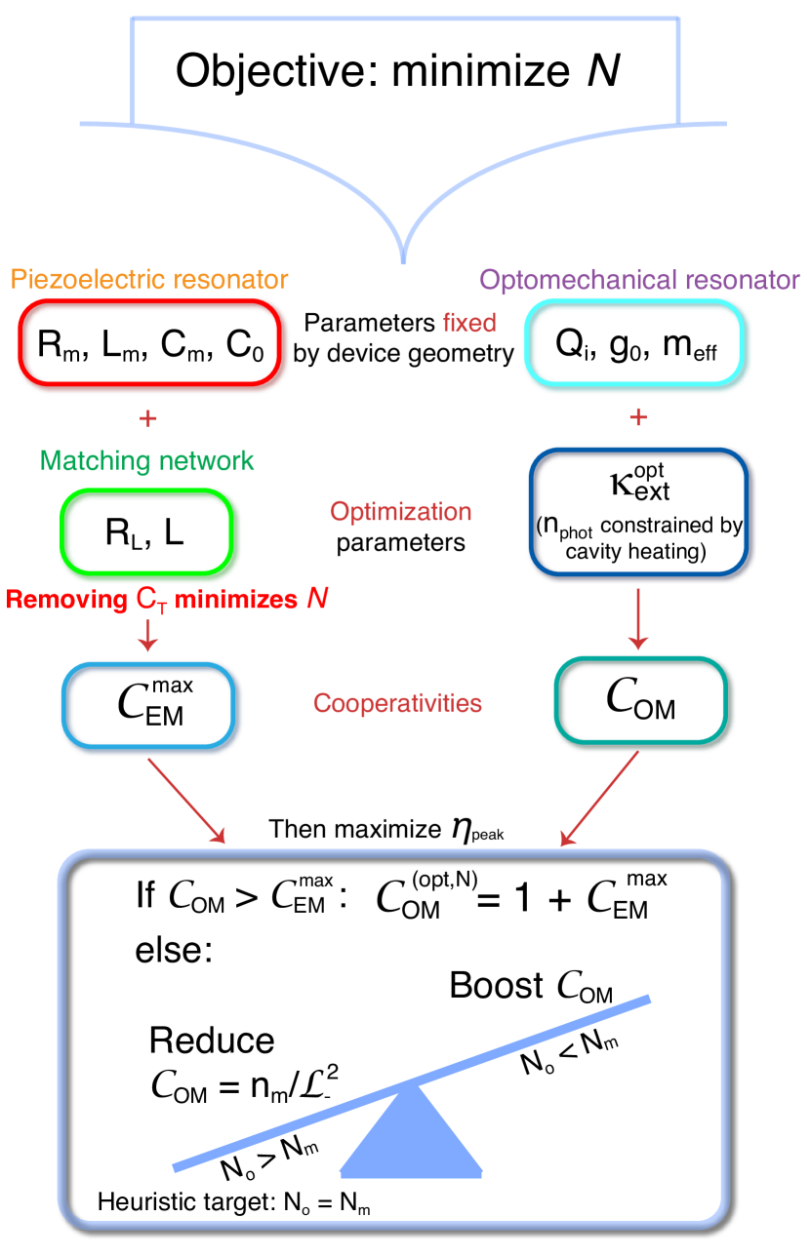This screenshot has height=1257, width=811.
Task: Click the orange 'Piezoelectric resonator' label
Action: tap(149, 281)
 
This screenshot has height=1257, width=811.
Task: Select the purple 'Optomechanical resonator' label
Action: tap(639, 281)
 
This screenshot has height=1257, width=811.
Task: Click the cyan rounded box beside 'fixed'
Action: tap(638, 345)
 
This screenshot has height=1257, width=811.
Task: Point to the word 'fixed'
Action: tap(469, 323)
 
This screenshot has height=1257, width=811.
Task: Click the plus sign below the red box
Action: tap(148, 418)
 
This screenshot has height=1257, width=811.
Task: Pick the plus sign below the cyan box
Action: tap(638, 417)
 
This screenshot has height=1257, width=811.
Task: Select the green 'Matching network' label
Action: tap(147, 460)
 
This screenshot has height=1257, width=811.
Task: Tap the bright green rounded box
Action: tap(148, 530)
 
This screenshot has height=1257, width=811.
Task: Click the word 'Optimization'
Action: tap(401, 512)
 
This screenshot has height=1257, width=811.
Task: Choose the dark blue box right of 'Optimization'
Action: tap(639, 513)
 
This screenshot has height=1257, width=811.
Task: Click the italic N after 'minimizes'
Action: tap(317, 600)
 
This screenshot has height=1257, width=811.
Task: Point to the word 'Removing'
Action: tap(61, 600)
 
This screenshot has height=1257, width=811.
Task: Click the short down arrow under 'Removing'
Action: tap(148, 636)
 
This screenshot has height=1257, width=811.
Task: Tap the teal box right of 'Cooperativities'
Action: tap(641, 702)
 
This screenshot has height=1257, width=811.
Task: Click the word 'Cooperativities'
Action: tap(397, 703)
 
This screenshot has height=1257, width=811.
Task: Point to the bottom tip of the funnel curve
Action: tap(403, 259)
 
